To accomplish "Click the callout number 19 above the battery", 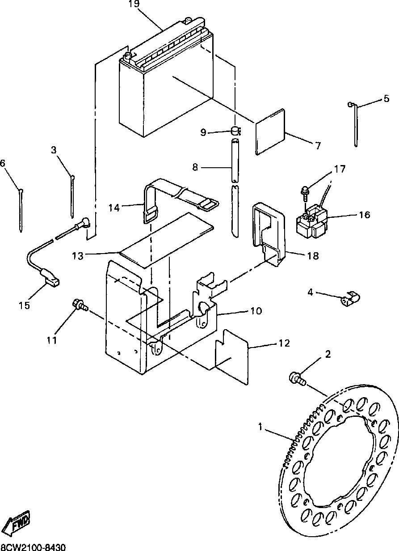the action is [x=134, y=4].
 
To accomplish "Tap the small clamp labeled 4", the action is [x=350, y=299].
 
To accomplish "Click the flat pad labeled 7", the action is [x=270, y=132].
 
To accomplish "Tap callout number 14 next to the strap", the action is [x=114, y=208].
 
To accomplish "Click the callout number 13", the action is [x=78, y=256].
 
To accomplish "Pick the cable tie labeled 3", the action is [x=72, y=197].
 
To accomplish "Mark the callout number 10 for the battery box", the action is [x=256, y=311].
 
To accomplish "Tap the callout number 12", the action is [x=284, y=343].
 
